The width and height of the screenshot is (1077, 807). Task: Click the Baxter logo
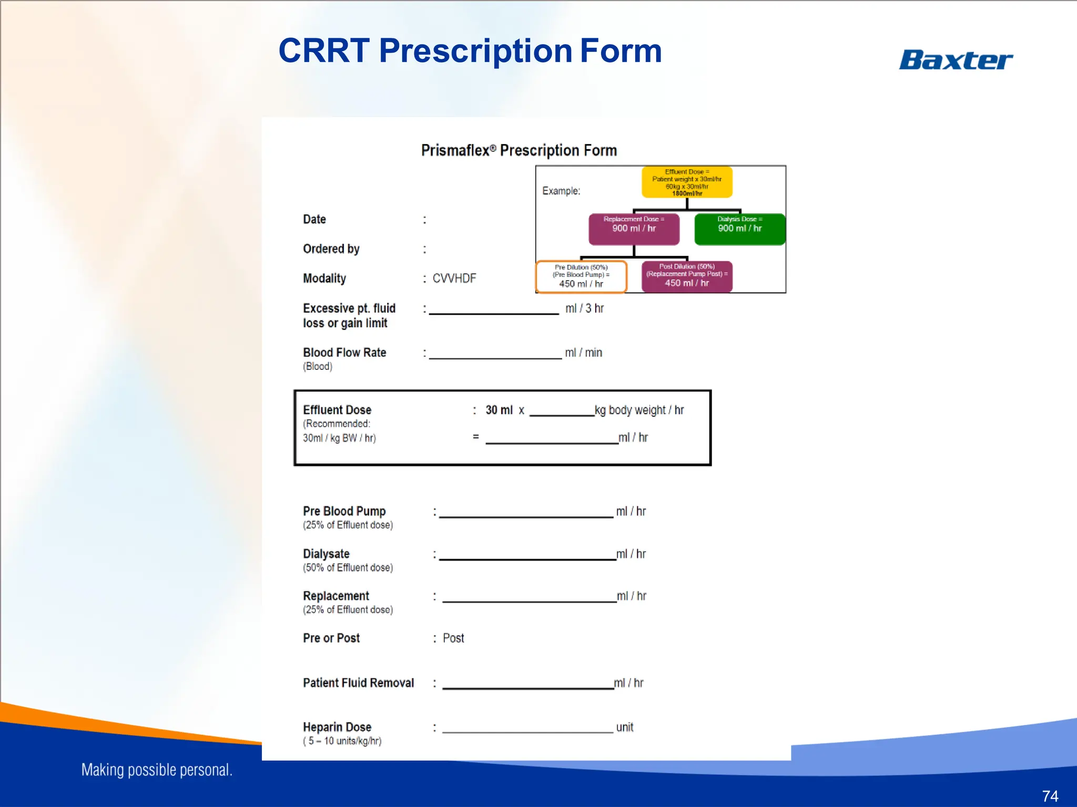(956, 60)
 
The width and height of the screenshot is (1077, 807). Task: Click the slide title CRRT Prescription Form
(470, 51)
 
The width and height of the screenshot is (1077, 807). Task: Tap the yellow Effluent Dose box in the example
(687, 182)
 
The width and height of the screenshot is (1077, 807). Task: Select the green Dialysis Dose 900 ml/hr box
(739, 229)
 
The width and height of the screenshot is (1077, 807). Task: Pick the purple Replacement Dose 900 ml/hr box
(634, 229)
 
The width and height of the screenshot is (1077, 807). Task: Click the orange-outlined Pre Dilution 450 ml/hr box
(581, 276)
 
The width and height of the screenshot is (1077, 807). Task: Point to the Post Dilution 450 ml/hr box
(687, 276)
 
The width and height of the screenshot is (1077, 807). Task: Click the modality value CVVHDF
(454, 278)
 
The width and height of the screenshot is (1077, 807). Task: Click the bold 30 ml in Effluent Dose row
(499, 410)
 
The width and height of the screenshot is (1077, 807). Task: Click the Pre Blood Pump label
(344, 511)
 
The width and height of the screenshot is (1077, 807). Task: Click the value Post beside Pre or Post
(453, 638)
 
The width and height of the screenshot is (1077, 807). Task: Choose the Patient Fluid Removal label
(358, 683)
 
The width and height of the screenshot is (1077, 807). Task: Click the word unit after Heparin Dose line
(624, 728)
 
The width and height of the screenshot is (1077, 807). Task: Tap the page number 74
(1050, 796)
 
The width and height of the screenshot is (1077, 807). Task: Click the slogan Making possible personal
(157, 770)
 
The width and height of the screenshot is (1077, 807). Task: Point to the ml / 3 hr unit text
(584, 309)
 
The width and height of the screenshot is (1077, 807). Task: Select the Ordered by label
(331, 249)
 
